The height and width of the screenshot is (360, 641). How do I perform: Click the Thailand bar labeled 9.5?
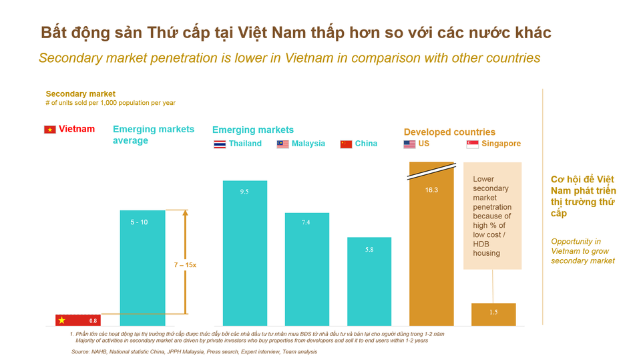[244, 253]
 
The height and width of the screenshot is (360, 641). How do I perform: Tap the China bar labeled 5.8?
[369, 281]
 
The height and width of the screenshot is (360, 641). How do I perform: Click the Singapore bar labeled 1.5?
[493, 315]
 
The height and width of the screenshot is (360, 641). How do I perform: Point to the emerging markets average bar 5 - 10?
[142, 268]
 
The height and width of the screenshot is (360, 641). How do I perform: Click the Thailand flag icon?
[220, 144]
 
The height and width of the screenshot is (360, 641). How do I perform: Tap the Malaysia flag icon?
[282, 144]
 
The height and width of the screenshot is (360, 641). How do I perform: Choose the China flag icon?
[346, 144]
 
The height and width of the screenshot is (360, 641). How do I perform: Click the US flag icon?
[409, 144]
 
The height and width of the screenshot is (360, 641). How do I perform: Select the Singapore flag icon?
[472, 144]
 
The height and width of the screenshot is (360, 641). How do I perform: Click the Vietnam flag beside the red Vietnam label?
[49, 130]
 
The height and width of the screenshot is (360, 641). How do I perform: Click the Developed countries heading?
[449, 132]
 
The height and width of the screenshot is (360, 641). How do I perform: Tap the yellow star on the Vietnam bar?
[61, 319]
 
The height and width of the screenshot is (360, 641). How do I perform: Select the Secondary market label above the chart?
[80, 94]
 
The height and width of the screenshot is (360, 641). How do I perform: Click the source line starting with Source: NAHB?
[194, 351]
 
